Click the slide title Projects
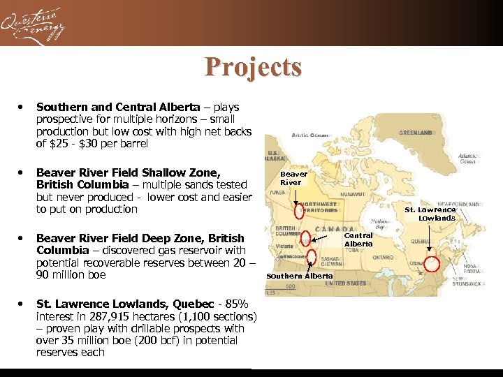point(253,67)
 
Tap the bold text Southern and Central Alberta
point(117,108)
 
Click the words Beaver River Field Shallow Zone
point(128,172)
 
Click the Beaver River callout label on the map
point(293,178)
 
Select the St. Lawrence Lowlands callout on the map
point(430,214)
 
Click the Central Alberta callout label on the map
point(358,239)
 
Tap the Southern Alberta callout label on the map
point(300,276)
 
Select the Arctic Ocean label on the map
point(310,135)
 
